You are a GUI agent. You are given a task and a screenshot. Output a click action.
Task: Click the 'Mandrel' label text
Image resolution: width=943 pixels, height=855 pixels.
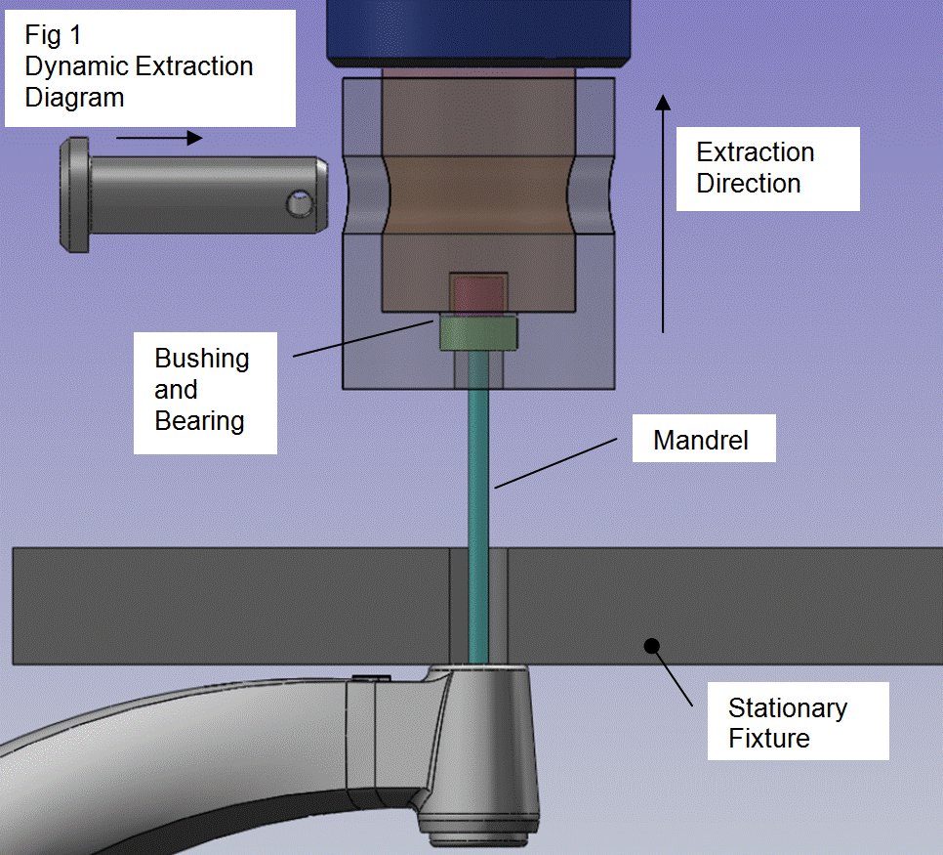pyautogui.click(x=701, y=440)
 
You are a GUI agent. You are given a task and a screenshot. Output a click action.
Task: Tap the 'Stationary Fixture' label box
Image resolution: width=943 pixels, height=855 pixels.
pyautogui.click(x=788, y=722)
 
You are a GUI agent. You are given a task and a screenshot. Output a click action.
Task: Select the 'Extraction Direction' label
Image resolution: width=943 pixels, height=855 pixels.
pyautogui.click(x=755, y=168)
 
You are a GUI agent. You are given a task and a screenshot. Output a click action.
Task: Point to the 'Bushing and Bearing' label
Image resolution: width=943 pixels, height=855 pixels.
pyautogui.click(x=201, y=389)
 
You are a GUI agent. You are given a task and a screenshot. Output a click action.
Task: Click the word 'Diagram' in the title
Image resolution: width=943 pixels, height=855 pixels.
pyautogui.click(x=75, y=98)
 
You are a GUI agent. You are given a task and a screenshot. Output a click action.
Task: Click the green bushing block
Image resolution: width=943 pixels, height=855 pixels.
pyautogui.click(x=478, y=332)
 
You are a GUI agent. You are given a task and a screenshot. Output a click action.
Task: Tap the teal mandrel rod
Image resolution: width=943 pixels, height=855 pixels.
pyautogui.click(x=477, y=489)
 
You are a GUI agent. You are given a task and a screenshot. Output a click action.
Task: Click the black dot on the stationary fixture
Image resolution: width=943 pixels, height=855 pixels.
pyautogui.click(x=651, y=645)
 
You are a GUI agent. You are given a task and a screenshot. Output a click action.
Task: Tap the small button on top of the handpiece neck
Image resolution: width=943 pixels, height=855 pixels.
pyautogui.click(x=374, y=676)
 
